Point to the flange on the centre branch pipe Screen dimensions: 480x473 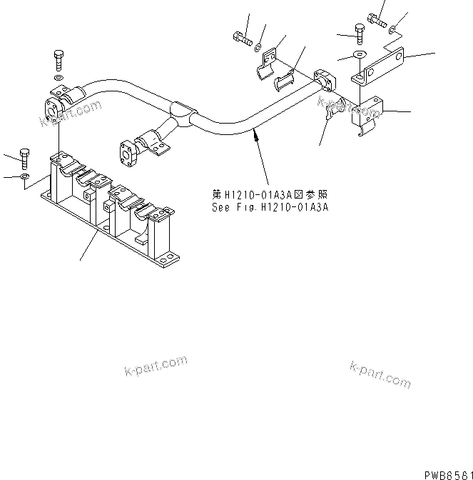pyautogui.click(x=127, y=151)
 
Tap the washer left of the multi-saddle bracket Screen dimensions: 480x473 pyautogui.click(x=25, y=175)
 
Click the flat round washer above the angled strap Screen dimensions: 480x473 pyautogui.click(x=357, y=55)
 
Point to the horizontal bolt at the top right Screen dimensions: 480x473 pyautogui.click(x=375, y=17)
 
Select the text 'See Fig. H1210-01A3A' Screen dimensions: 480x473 pyautogui.click(x=270, y=209)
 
